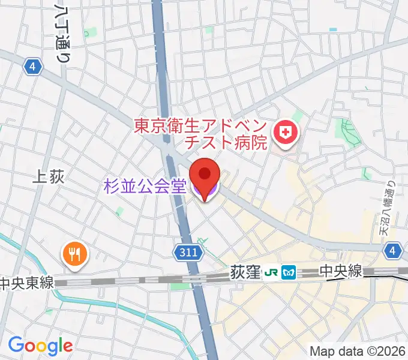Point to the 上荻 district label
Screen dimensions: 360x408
pyautogui.click(x=47, y=176)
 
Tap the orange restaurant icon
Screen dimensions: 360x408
pyautogui.click(x=74, y=255)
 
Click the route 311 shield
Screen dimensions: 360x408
pyautogui.click(x=188, y=254)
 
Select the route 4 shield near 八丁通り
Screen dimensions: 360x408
pyautogui.click(x=33, y=67)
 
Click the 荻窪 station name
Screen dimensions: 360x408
pyautogui.click(x=244, y=273)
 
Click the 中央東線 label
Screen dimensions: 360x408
pyautogui.click(x=26, y=283)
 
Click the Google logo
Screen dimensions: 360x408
pyautogui.click(x=40, y=346)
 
